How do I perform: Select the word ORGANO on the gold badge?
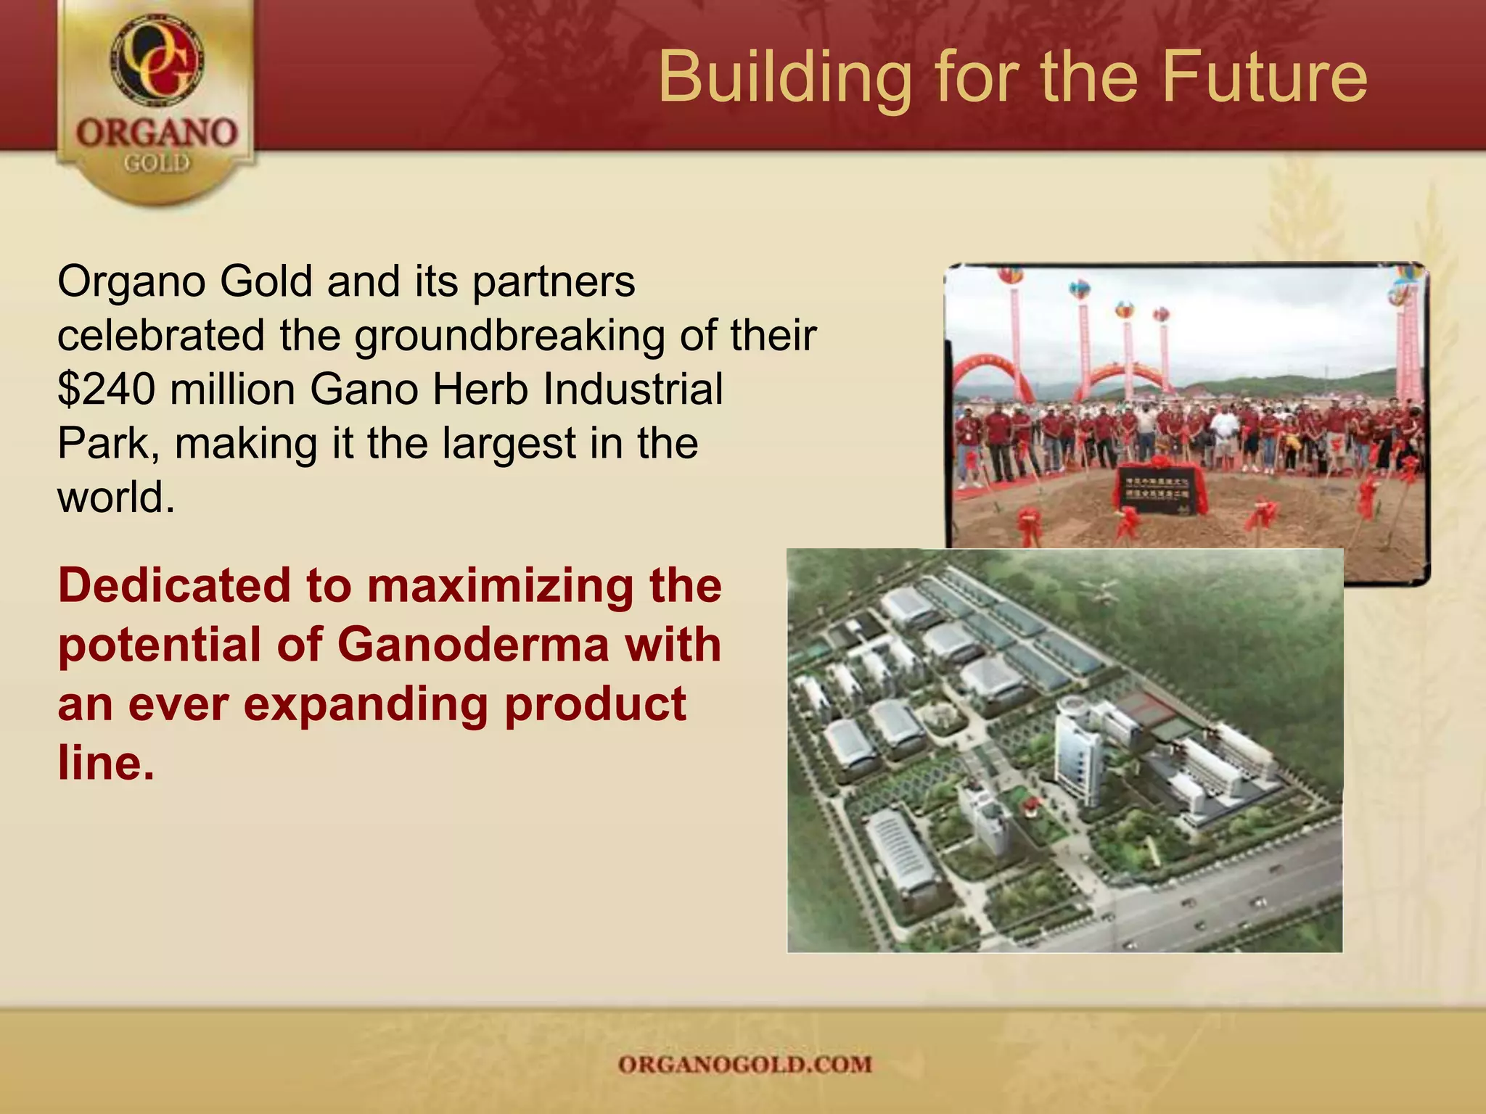(x=157, y=133)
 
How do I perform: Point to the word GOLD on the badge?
(x=157, y=163)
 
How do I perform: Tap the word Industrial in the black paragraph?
(x=633, y=389)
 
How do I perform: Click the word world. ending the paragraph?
(x=116, y=498)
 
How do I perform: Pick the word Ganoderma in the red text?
(x=472, y=644)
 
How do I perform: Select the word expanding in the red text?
(x=365, y=704)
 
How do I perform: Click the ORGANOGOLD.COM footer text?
(x=744, y=1065)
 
